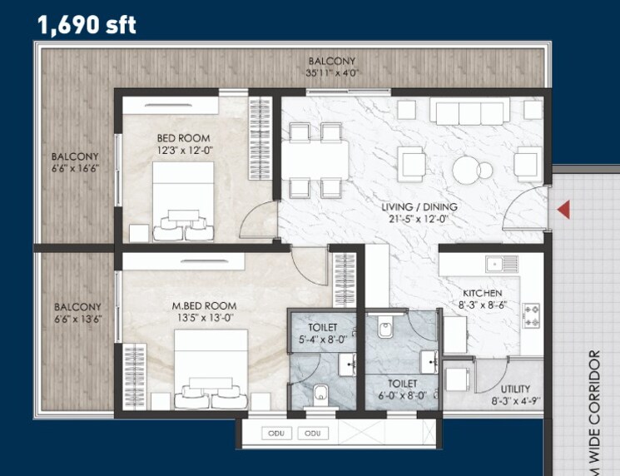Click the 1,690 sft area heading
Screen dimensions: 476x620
pos(87,24)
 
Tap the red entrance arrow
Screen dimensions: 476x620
pos(563,210)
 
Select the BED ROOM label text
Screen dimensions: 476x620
pos(183,138)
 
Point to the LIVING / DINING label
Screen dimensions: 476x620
pos(419,207)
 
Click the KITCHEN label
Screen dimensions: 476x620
pos(483,293)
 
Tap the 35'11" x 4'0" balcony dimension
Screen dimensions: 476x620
pos(331,72)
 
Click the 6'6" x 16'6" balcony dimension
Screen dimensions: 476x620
pos(75,168)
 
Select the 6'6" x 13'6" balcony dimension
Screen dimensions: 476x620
pos(77,319)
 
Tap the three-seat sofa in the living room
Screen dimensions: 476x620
pos(470,112)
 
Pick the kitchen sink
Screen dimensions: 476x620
pos(501,265)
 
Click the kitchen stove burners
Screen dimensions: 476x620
pos(530,315)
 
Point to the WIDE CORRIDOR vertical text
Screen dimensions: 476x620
pos(594,408)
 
